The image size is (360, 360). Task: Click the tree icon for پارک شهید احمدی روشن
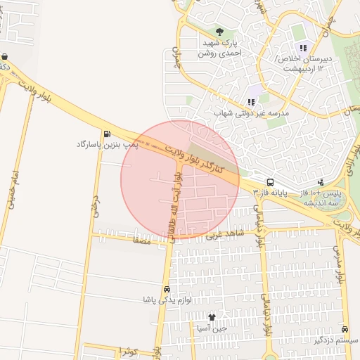pyautogui.click(x=220, y=31)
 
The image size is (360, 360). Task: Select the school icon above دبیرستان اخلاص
pyautogui.click(x=303, y=48)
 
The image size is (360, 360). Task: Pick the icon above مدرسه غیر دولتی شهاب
pyautogui.click(x=251, y=101)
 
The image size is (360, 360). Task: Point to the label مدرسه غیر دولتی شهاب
pyautogui.click(x=251, y=112)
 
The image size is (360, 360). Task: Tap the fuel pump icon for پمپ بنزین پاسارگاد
pyautogui.click(x=106, y=134)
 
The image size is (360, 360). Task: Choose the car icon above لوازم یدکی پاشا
pyautogui.click(x=167, y=289)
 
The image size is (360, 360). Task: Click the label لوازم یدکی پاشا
pyautogui.click(x=167, y=300)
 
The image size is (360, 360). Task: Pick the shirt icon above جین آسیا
pyautogui.click(x=212, y=316)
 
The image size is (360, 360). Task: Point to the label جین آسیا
pyautogui.click(x=212, y=328)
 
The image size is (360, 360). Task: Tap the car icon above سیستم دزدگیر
pyautogui.click(x=344, y=329)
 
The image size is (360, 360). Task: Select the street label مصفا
pyautogui.click(x=141, y=240)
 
